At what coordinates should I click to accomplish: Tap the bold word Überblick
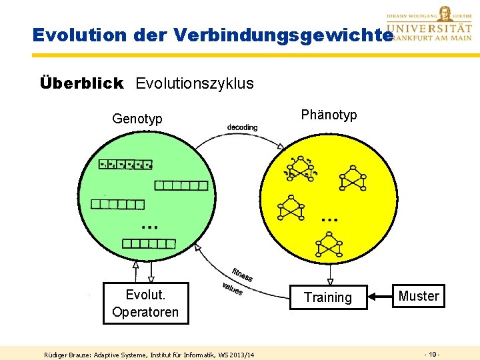pyautogui.click(x=81, y=83)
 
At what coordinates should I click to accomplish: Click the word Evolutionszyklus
pyautogui.click(x=195, y=83)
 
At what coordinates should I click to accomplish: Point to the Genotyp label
pyautogui.click(x=137, y=119)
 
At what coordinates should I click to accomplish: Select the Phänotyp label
pyautogui.click(x=329, y=115)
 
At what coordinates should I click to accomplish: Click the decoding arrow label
pyautogui.click(x=242, y=127)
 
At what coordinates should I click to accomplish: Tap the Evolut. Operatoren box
pyautogui.click(x=145, y=303)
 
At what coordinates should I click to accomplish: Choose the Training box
pyautogui.click(x=327, y=297)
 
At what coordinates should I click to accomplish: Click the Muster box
pyautogui.click(x=418, y=296)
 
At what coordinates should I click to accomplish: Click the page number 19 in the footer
pyautogui.click(x=432, y=353)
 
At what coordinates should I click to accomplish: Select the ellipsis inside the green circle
pyautogui.click(x=149, y=225)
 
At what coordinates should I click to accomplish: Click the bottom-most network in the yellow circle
pyautogui.click(x=329, y=244)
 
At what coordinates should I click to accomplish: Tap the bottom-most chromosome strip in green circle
pyautogui.click(x=149, y=244)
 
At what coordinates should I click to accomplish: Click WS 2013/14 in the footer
pyautogui.click(x=236, y=353)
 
